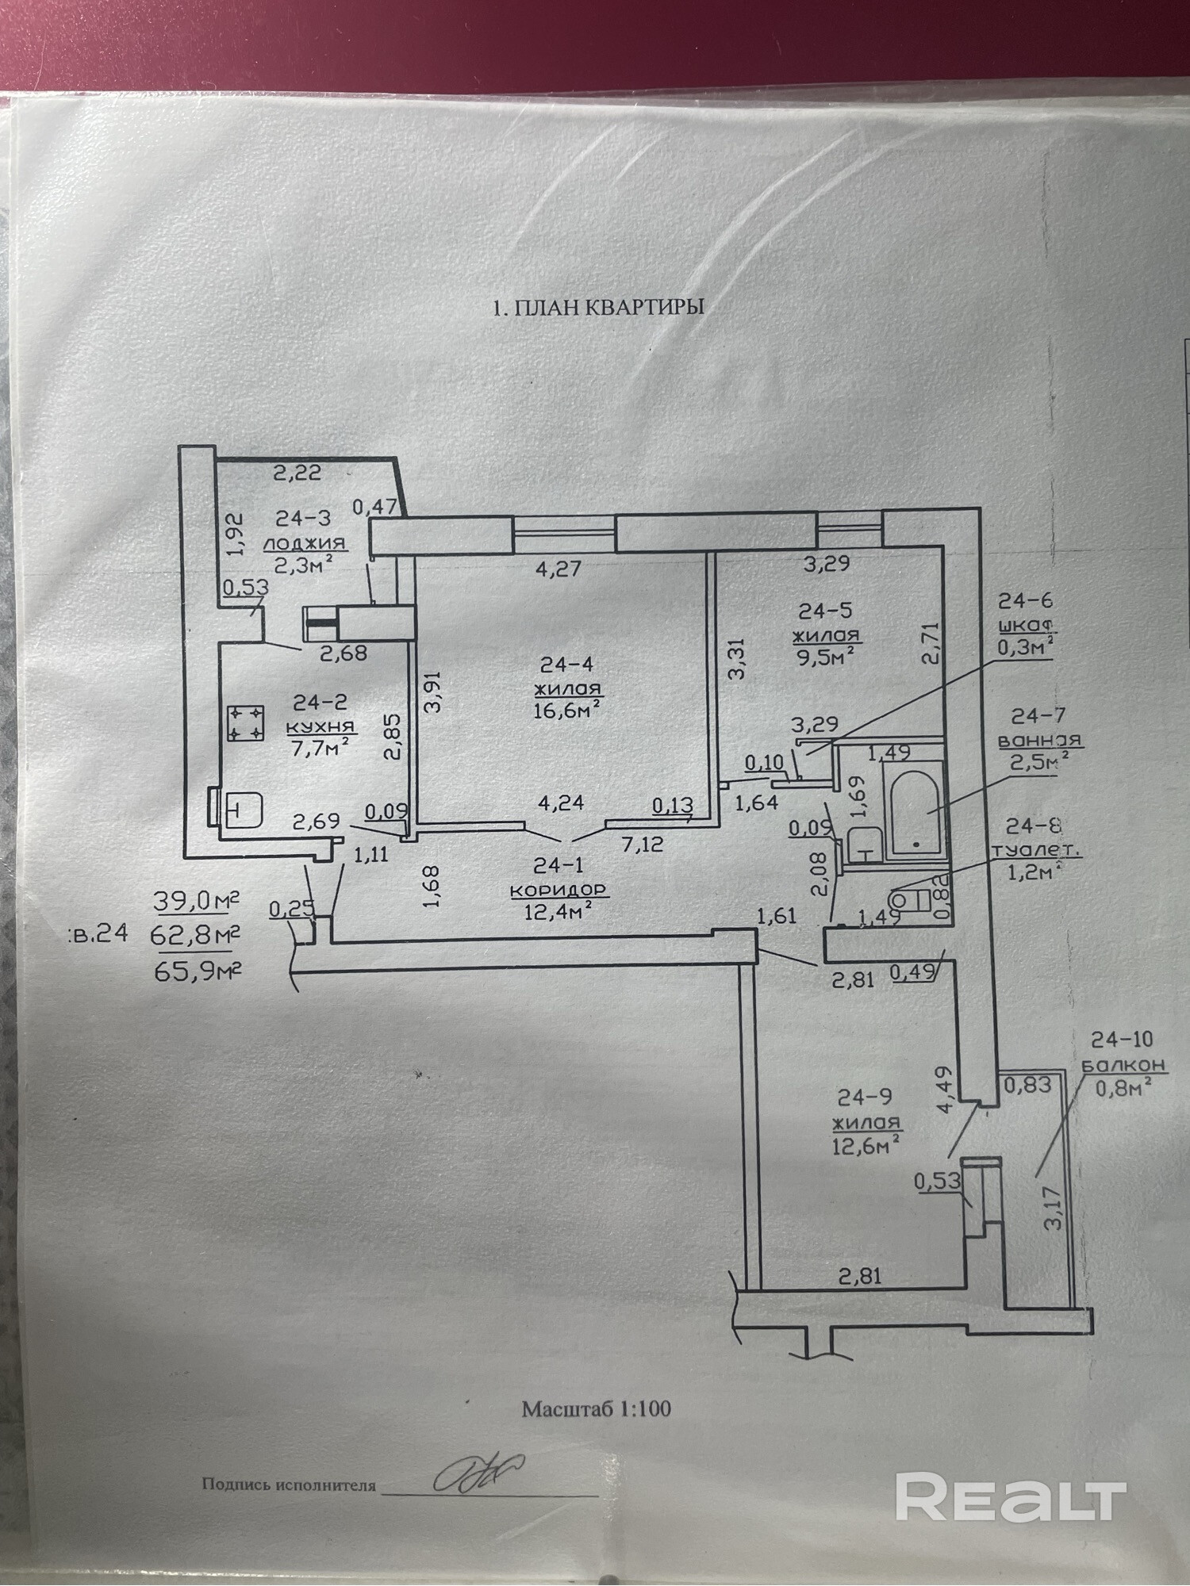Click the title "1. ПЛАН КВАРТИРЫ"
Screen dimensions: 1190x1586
point(598,308)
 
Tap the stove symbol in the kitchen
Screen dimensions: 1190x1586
point(246,723)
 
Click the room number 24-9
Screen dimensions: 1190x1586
point(865,1097)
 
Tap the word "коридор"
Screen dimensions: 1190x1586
point(558,890)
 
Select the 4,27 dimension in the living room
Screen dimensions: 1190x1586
point(559,568)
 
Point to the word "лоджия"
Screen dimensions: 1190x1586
point(305,543)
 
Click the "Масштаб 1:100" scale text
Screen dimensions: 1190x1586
point(596,1409)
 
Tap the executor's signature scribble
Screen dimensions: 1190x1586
point(480,1473)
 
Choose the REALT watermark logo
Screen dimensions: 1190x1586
point(1011,1497)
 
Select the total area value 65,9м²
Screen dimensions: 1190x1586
point(197,970)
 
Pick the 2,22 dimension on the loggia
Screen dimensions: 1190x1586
point(297,473)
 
